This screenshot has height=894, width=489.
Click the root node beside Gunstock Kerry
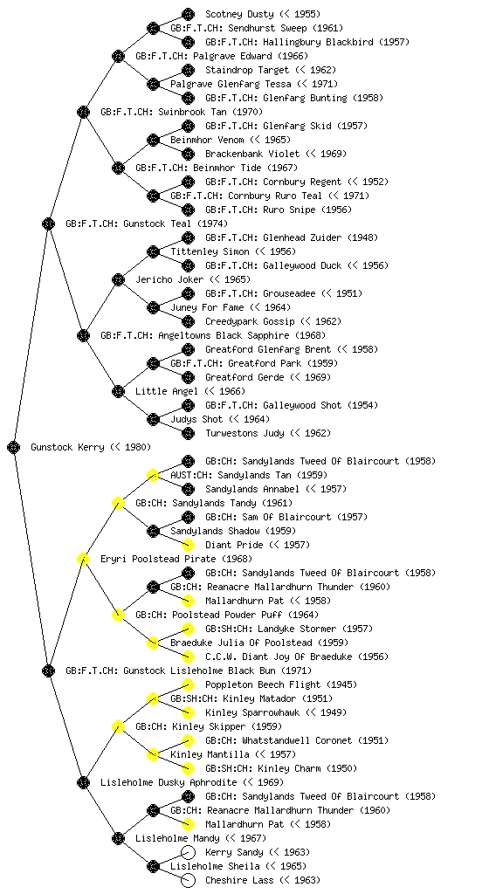[14, 448]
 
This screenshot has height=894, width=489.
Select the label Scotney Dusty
[239, 14]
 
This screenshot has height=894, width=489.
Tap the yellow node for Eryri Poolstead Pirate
[83, 560]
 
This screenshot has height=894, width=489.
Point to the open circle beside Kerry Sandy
[188, 852]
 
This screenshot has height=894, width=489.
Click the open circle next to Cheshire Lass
[188, 880]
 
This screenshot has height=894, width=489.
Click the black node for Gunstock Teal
[48, 224]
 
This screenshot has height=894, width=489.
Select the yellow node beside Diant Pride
[188, 545]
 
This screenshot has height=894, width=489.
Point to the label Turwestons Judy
[244, 433]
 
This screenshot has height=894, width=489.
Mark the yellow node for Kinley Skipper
[118, 727]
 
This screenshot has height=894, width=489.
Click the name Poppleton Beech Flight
[263, 684]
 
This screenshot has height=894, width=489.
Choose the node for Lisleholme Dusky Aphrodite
[83, 783]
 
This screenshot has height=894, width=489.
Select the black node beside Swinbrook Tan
[83, 113]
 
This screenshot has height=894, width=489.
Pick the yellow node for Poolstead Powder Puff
[118, 615]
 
